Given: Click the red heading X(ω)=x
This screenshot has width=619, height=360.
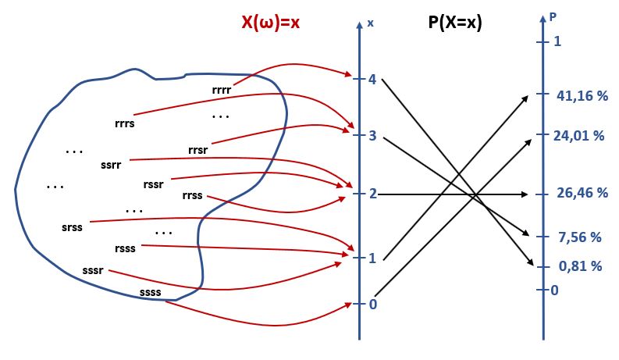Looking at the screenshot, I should click(269, 23).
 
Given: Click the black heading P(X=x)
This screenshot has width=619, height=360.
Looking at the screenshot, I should click(455, 23).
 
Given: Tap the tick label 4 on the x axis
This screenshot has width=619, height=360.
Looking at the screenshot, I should click(372, 80).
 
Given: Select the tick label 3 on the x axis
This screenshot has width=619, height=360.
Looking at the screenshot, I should click(372, 136).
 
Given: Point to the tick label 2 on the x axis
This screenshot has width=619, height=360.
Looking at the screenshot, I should click(372, 194).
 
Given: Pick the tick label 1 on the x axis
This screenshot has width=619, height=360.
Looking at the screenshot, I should click(372, 258).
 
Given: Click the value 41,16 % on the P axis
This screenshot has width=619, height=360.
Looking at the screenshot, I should click(582, 96).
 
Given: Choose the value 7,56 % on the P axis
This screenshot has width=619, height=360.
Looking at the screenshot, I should click(578, 237).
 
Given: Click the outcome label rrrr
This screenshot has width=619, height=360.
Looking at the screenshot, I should click(222, 90).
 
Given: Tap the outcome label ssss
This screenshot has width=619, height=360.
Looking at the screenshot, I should click(151, 293).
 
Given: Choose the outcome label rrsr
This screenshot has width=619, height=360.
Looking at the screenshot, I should click(197, 149).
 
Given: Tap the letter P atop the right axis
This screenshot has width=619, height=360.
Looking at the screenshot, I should click(553, 15).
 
